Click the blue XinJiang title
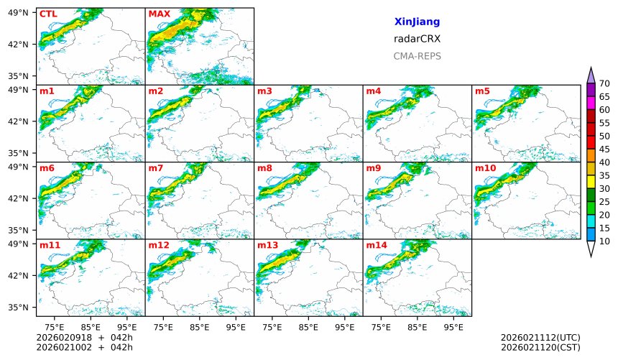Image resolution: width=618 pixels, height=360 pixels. click(x=417, y=22)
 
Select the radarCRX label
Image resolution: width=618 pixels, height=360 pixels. click(x=417, y=39)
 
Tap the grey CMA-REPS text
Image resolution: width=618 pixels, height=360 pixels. click(x=417, y=56)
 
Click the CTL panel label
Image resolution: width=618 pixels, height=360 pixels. click(x=48, y=14)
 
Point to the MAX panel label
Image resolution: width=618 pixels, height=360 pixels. click(x=159, y=14)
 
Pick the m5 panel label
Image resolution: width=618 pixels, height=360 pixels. click(x=482, y=91)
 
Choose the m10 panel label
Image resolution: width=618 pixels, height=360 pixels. click(x=485, y=168)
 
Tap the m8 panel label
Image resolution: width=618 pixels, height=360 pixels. click(x=264, y=168)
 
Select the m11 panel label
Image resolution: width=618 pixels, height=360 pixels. click(x=50, y=245)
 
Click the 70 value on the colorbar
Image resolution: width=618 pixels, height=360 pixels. click(x=604, y=84)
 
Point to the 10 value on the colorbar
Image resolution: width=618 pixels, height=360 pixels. click(x=604, y=241)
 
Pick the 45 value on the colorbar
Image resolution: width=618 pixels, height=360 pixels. click(x=604, y=149)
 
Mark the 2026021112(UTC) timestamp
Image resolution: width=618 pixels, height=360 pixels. click(x=540, y=337)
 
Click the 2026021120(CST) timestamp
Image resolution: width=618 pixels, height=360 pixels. click(x=540, y=347)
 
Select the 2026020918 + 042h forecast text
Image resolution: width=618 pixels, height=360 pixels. click(x=80, y=337)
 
